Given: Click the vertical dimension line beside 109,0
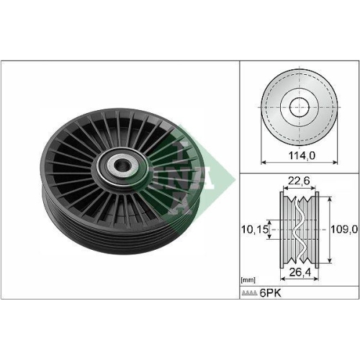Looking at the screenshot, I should pyautogui.click(x=328, y=231).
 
